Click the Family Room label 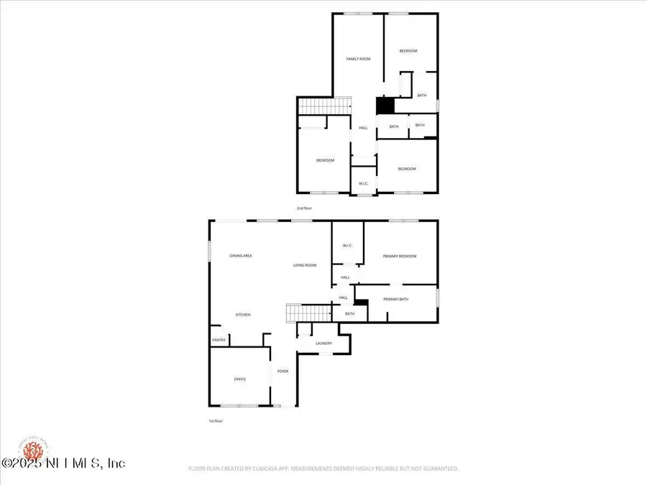click(x=358, y=59)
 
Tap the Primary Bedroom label click(x=400, y=257)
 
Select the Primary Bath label click(x=395, y=299)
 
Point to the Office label click(x=240, y=379)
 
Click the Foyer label click(x=283, y=371)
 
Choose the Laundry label click(x=323, y=343)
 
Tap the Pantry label click(x=219, y=341)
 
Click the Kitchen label click(x=243, y=315)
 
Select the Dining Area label click(x=241, y=256)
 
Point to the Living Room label click(x=305, y=266)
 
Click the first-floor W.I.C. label click(x=348, y=246)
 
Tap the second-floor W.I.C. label click(x=364, y=184)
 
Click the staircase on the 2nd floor click(x=324, y=106)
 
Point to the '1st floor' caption click(x=216, y=421)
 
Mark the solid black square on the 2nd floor click(x=385, y=106)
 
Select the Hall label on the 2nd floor click(x=363, y=128)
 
